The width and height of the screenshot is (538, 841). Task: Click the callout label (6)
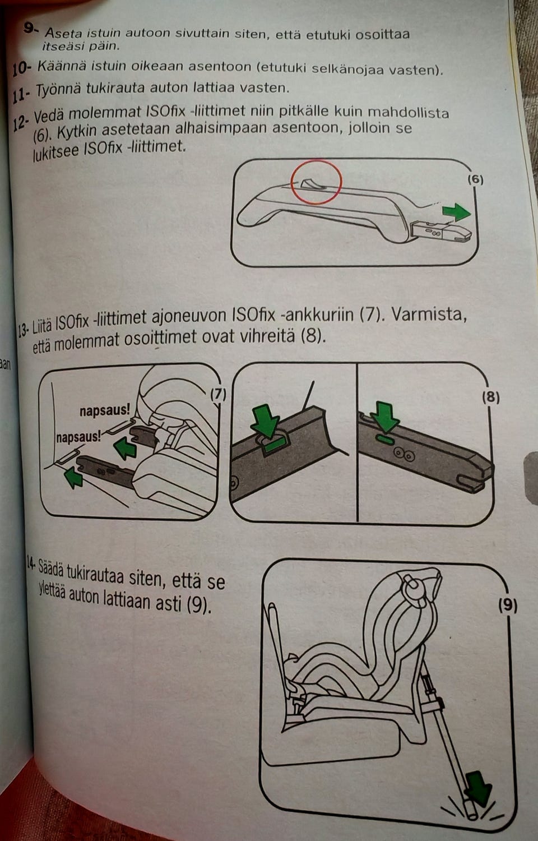[474, 179]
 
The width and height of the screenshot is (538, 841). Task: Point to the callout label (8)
[490, 397]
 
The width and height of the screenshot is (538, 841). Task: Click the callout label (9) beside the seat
[507, 606]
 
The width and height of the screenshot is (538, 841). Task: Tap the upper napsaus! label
[105, 411]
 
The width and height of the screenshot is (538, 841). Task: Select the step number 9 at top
[30, 28]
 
